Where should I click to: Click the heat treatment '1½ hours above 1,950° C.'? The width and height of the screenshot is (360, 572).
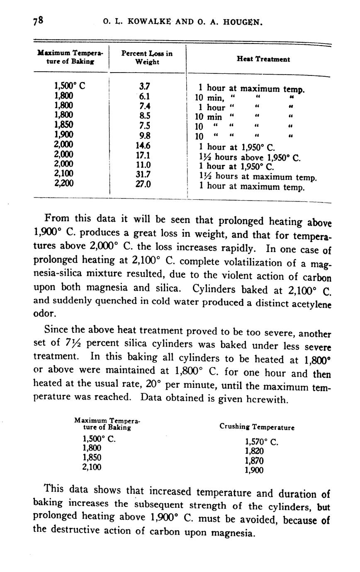point(250,157)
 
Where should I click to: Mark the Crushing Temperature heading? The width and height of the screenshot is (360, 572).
point(257,427)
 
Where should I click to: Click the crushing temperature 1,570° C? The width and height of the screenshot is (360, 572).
point(262,442)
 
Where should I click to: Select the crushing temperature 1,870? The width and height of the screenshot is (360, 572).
point(254,461)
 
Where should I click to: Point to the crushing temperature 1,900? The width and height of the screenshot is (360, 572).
point(254,470)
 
